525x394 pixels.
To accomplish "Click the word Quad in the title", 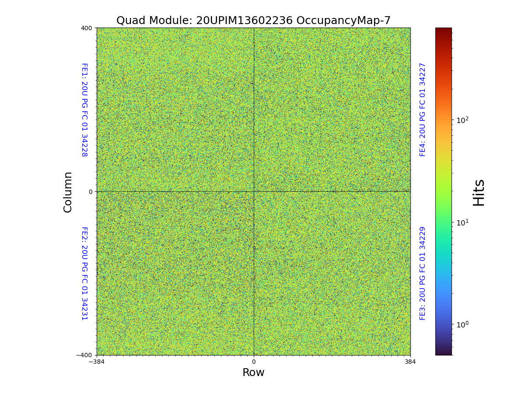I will tap(130, 21).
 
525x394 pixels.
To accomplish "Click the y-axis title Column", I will tap(68, 192).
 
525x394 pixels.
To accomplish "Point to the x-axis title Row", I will tap(253, 373).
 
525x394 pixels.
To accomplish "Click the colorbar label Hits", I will tap(479, 192).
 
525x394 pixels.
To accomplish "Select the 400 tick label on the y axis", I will tap(87, 28).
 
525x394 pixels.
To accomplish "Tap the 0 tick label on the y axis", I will tap(91, 192).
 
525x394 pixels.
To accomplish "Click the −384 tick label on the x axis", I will tap(97, 362).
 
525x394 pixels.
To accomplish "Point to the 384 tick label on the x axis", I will tap(410, 362).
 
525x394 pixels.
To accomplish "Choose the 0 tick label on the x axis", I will tap(254, 362).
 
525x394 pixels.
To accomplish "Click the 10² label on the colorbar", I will tap(462, 120).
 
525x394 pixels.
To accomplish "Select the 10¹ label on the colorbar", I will tap(462, 222).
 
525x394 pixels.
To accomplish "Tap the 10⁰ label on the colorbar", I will tap(462, 324).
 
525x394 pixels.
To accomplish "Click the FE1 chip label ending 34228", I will tap(84, 110).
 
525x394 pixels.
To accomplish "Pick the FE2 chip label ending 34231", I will tap(84, 274).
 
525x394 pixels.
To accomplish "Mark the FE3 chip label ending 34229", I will tap(423, 273).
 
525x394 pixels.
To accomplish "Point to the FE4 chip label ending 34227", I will tap(423, 109).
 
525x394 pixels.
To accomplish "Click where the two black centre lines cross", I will tap(254, 191).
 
